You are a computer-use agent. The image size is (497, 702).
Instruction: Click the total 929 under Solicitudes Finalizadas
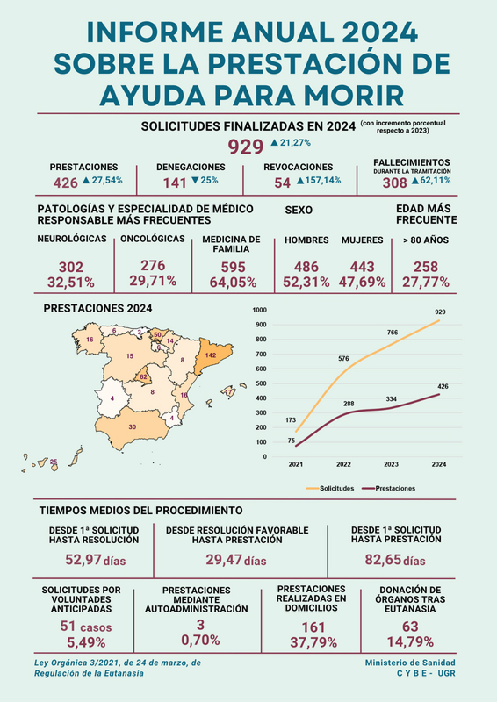point(246,147)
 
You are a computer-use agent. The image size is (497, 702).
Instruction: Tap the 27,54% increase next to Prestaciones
point(107,181)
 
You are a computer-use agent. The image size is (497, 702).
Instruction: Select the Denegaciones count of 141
point(175,183)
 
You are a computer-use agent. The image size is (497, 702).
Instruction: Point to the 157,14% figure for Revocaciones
point(323,181)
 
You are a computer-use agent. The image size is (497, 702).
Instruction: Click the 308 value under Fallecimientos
point(395,183)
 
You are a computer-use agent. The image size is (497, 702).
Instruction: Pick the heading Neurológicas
point(72,239)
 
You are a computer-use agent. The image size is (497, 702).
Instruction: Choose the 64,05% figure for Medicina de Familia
point(233,283)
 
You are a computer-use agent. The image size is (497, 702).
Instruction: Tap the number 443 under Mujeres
point(362,267)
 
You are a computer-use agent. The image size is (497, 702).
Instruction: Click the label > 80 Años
point(426,240)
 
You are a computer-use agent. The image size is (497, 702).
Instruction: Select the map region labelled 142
point(212,355)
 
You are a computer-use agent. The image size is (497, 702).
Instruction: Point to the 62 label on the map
point(143,377)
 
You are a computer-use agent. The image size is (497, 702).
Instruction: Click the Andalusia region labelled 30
point(133,427)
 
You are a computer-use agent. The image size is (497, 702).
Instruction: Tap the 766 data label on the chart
point(393,333)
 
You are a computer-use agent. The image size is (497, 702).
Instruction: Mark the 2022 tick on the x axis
point(343,464)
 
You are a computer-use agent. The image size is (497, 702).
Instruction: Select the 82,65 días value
point(395,560)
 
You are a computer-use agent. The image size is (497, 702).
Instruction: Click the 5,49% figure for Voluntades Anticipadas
point(86,642)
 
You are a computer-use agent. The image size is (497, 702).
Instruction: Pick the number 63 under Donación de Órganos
point(410,627)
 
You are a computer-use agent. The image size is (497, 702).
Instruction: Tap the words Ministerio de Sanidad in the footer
point(410,663)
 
